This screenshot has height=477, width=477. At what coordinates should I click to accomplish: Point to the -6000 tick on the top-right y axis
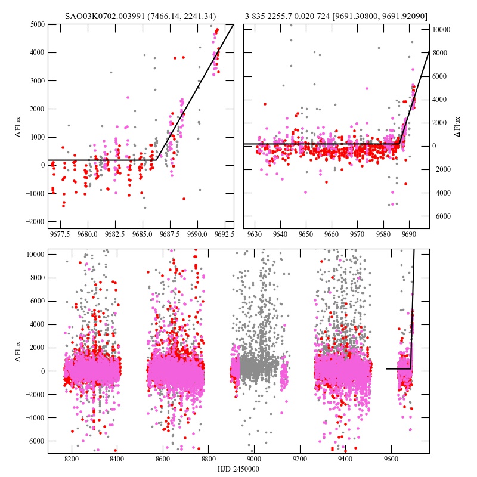(442, 216)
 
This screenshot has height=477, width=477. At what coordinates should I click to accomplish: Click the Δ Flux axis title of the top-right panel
(457, 126)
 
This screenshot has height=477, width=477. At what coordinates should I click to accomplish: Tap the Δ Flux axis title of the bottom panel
(18, 351)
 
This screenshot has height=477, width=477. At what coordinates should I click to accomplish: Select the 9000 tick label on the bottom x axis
(255, 460)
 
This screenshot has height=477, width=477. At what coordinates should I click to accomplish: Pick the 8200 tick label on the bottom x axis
(72, 460)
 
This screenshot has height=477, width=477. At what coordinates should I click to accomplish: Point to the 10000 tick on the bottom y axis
(35, 255)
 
